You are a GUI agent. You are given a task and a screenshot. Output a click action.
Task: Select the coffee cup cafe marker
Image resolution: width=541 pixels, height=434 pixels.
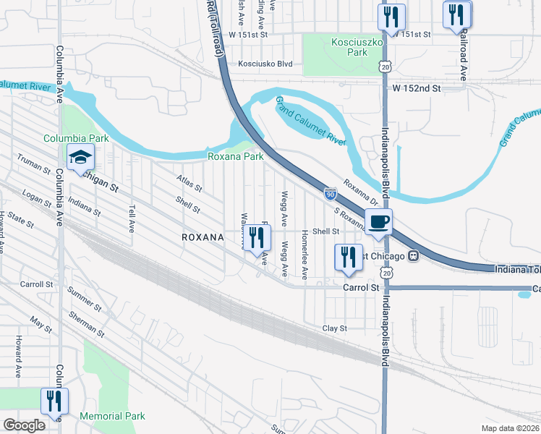(378, 222)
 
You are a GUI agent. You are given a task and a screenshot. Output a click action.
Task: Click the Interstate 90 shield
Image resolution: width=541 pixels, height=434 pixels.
(330, 194)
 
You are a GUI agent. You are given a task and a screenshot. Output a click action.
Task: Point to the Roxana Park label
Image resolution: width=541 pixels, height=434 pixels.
(235, 156)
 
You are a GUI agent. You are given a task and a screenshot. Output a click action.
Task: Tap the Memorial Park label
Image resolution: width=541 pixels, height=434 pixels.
(112, 416)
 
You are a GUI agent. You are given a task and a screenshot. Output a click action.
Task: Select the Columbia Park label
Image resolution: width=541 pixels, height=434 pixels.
(75, 138)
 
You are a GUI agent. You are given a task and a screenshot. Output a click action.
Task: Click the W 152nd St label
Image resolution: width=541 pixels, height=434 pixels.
(417, 88)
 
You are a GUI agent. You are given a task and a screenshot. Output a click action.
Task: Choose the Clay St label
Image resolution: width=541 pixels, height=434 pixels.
(335, 328)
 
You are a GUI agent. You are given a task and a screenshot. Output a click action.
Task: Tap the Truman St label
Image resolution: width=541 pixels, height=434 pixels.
(34, 166)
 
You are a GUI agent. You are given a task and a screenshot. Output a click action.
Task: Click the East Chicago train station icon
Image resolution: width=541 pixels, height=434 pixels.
(414, 255)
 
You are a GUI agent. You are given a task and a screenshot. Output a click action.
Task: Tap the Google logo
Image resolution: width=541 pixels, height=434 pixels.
(25, 425)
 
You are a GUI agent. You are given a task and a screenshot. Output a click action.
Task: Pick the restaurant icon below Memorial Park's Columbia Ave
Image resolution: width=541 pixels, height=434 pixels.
(55, 401)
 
